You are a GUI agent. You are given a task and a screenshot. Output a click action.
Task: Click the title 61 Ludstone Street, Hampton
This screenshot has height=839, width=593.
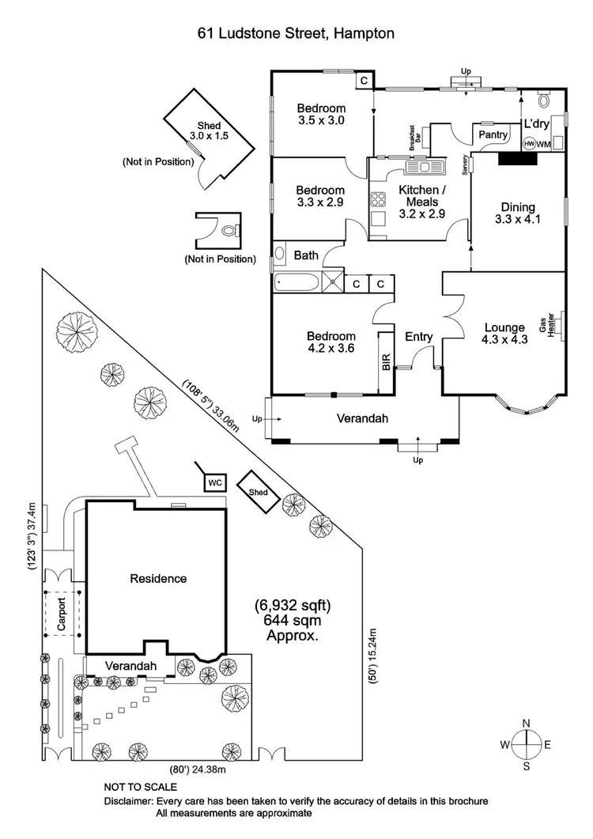click(296, 33)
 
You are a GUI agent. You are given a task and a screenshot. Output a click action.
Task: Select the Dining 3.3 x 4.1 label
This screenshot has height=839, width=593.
click(517, 214)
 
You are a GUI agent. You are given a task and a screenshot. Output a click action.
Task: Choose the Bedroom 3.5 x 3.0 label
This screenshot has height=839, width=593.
click(321, 115)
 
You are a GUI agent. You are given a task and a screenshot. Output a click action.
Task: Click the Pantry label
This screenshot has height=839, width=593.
click(494, 135)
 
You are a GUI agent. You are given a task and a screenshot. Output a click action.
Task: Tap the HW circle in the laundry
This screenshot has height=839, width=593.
click(530, 144)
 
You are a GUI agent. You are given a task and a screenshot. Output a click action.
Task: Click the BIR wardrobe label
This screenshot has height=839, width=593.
click(386, 363)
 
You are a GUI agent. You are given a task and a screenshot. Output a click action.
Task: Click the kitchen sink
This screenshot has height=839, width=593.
click(425, 167)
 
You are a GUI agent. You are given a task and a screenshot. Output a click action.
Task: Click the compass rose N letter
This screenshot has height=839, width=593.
click(526, 723)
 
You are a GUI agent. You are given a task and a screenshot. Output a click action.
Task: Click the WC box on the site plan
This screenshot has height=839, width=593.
click(214, 481)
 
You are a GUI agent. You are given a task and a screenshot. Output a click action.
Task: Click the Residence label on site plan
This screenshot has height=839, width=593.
click(158, 578)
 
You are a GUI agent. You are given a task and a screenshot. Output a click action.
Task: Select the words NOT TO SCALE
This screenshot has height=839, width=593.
click(141, 788)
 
